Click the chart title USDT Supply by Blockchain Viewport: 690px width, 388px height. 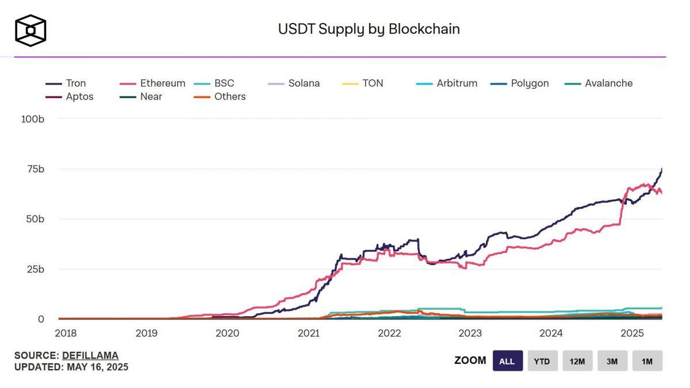369,29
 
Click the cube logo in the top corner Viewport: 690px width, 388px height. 30,30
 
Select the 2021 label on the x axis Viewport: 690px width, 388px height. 308,333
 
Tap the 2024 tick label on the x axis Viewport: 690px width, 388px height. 551,333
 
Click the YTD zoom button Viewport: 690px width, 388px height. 542,361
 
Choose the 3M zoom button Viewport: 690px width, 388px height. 612,361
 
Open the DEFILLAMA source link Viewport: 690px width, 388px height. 90,355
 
